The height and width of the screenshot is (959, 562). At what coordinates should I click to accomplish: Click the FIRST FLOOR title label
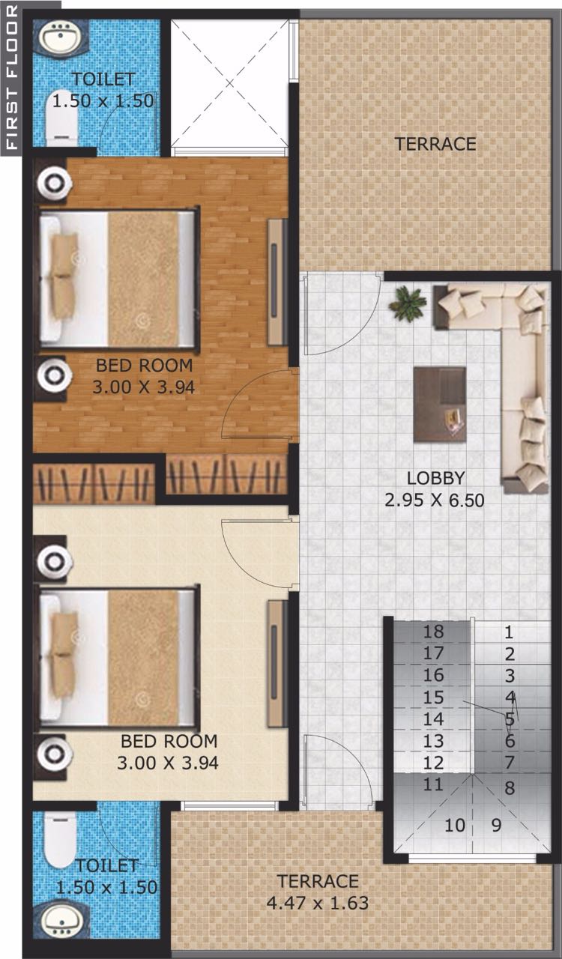pos(12,77)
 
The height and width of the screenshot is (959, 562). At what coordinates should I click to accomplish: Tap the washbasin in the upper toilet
pos(61,37)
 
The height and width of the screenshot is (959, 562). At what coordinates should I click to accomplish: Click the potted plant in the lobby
pos(408,303)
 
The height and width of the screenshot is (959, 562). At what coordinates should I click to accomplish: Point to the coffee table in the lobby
pos(440,404)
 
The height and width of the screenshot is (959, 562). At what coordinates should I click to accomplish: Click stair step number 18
pos(433,632)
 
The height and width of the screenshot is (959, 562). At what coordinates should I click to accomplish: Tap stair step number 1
pos(509,632)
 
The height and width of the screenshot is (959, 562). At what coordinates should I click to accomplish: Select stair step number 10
pos(455,825)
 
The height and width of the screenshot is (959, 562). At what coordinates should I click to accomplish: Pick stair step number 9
pos(496,825)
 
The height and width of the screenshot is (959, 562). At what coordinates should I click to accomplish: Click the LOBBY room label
pos(435,478)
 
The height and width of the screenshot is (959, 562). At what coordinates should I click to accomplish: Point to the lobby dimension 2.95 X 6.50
pos(435,500)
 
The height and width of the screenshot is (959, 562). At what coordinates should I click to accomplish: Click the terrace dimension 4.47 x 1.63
pos(318,903)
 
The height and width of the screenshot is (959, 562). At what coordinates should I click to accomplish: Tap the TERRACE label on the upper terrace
pos(435,144)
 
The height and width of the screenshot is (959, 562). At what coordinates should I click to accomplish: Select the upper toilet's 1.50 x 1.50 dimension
pos(103,100)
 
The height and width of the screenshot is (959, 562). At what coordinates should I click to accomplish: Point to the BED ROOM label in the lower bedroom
pos(169,741)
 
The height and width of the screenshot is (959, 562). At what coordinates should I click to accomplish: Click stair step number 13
pos(433,741)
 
